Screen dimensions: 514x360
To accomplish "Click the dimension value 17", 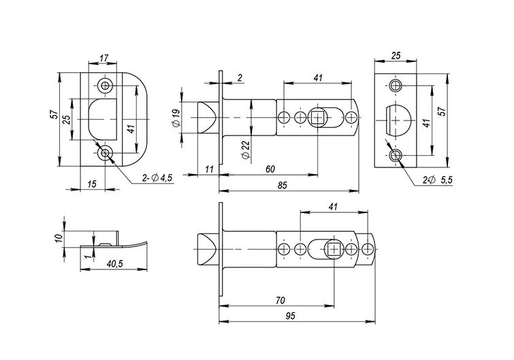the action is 104,59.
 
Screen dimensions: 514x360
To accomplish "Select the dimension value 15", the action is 93,184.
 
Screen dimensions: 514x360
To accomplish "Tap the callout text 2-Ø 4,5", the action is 157,178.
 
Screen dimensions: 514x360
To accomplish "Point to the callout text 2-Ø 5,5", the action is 437,180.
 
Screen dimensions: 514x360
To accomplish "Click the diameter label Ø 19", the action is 176,118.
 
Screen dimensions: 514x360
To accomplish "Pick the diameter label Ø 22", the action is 246,150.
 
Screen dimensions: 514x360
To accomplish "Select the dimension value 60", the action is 270,169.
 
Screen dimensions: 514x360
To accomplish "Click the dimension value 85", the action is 283,185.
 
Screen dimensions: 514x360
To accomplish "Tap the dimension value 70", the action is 280,300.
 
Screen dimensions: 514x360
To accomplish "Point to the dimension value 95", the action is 291,316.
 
